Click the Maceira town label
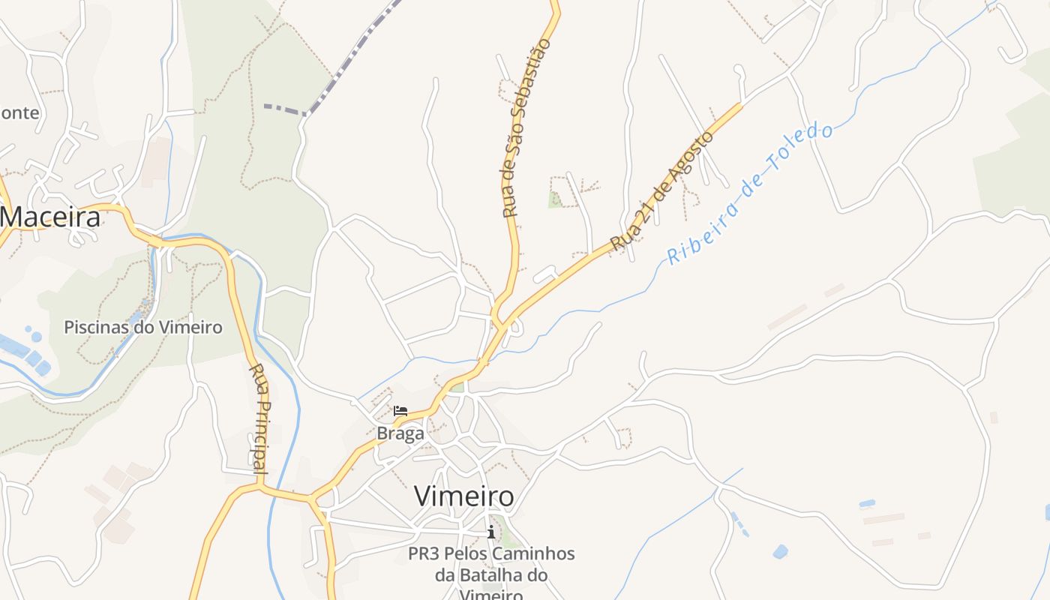click(x=50, y=217)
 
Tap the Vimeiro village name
click(x=463, y=496)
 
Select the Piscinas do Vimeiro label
click(x=142, y=327)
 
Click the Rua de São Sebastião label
click(x=526, y=128)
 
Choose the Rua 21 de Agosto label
click(x=661, y=192)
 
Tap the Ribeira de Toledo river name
click(x=750, y=194)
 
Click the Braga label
click(x=400, y=433)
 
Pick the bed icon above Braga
click(x=401, y=410)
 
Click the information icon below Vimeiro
click(x=491, y=532)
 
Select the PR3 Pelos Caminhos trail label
click(x=491, y=554)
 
